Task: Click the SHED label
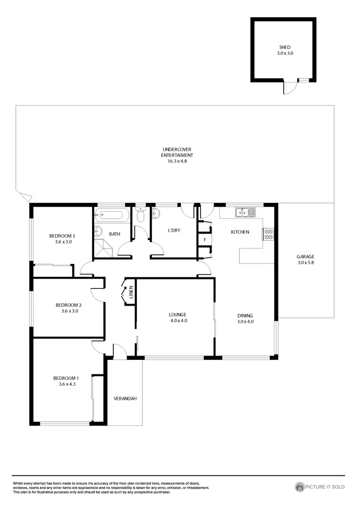coord(285,47)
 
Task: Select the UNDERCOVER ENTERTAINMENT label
coord(177,152)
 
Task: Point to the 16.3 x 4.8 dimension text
coord(177,161)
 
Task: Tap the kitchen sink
coord(245,211)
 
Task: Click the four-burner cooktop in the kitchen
coord(268,234)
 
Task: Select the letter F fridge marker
coord(205,239)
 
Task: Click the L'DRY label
coord(174,231)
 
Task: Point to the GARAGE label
coord(305,257)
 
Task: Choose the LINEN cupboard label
coord(131,292)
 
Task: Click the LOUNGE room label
coord(177,315)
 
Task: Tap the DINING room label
coord(245,315)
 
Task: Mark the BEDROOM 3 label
coord(62,236)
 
